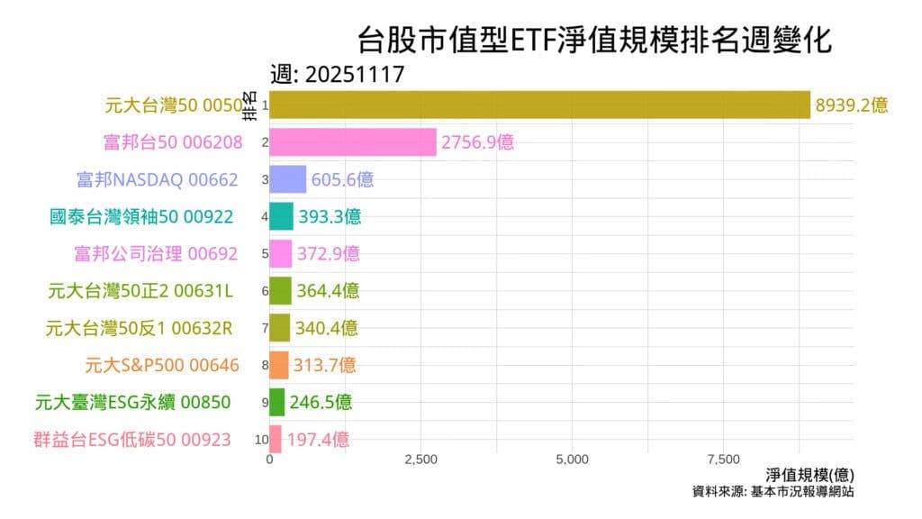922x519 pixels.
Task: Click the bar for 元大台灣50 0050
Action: (x=540, y=105)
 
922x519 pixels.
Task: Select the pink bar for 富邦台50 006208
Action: (x=353, y=141)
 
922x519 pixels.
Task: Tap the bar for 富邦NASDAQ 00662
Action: (x=288, y=179)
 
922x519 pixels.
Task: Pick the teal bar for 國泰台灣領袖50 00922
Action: (x=282, y=216)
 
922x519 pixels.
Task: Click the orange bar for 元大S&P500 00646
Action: (x=279, y=365)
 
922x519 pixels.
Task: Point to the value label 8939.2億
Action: (x=852, y=105)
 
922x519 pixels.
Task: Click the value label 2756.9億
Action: (x=477, y=141)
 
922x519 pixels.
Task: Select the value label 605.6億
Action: (x=342, y=179)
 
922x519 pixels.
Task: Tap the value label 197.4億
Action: (x=318, y=440)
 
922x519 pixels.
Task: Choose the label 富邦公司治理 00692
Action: (x=156, y=253)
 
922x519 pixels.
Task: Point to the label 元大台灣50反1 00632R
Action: (x=139, y=328)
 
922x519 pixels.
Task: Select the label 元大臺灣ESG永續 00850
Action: (x=132, y=402)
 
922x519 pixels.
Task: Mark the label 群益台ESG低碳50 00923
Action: (x=131, y=440)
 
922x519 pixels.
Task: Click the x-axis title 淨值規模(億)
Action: (x=809, y=475)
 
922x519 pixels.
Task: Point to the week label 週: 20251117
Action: (x=338, y=75)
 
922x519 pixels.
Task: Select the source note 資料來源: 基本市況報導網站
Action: (x=773, y=492)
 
